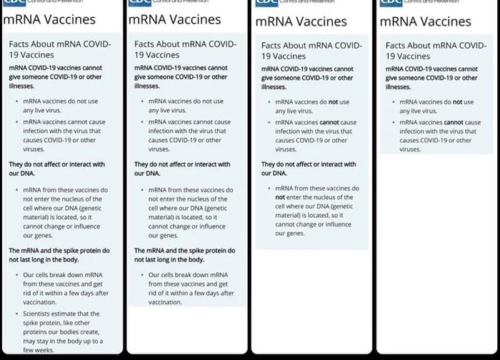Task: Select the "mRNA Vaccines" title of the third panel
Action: point(301,21)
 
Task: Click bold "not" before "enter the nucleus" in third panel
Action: point(280,197)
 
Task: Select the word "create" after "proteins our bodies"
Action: point(91,332)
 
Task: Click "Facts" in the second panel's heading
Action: point(147,44)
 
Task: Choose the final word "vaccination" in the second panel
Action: point(165,302)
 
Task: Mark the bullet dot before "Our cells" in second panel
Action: point(141,275)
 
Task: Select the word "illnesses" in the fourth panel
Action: point(398,86)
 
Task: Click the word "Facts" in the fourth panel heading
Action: point(408,45)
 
